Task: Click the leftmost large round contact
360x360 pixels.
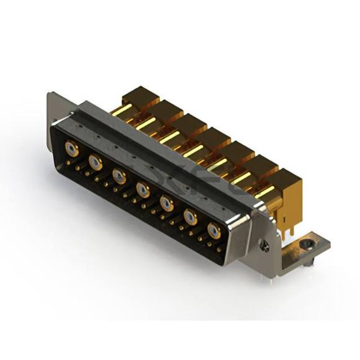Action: [x=72, y=149]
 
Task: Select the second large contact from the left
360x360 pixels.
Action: [x=96, y=163]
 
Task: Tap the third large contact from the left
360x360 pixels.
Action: [x=119, y=176]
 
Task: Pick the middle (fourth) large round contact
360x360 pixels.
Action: [x=143, y=189]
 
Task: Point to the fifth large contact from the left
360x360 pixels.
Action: [x=166, y=202]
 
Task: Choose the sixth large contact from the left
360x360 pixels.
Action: [x=190, y=217]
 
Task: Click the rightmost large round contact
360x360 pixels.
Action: [x=214, y=231]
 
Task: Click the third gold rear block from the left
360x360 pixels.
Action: [x=186, y=125]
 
